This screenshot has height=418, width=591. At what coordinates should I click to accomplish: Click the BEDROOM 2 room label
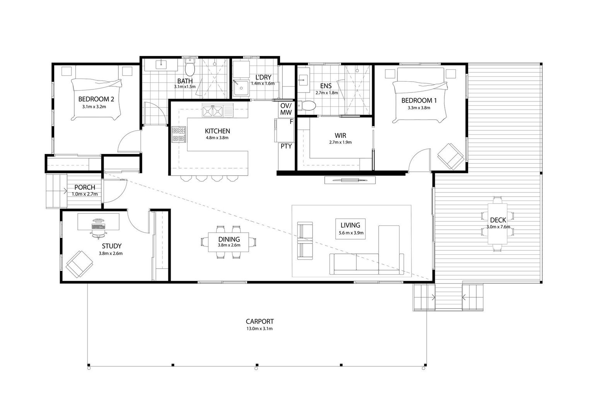96,99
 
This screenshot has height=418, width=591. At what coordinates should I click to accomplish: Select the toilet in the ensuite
307,106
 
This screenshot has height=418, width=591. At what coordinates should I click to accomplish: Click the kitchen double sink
213,111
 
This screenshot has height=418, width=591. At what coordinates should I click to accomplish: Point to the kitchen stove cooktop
179,134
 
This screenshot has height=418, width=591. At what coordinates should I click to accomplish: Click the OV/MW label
286,109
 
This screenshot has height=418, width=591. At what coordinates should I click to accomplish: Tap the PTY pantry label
286,146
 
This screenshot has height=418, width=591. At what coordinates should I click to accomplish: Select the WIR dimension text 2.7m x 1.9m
340,142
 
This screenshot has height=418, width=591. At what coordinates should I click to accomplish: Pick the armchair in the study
79,264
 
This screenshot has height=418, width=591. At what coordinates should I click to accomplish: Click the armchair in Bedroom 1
451,156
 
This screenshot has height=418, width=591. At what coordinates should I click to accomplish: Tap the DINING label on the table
229,240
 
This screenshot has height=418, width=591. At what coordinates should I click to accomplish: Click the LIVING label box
350,229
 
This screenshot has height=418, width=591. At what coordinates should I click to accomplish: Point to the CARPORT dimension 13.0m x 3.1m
260,329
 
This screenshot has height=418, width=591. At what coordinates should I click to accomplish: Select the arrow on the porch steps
65,191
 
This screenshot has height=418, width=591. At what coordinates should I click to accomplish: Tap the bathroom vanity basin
161,63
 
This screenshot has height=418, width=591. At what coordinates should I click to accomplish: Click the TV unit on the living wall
350,180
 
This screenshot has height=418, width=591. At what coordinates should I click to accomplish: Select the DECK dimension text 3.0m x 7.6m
498,227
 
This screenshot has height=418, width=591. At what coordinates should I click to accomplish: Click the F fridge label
291,122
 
